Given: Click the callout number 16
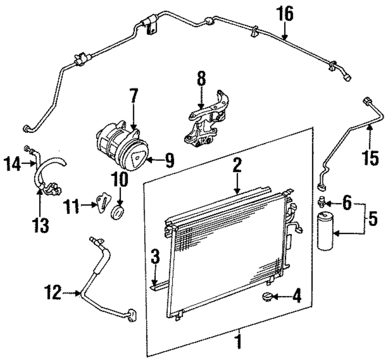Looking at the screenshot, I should pyautogui.click(x=285, y=14).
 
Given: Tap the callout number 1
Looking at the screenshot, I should pyautogui.click(x=239, y=342).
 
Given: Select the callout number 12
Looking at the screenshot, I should pyautogui.click(x=53, y=293).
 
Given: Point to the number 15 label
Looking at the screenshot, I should pyautogui.click(x=371, y=158).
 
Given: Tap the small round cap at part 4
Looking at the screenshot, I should pyautogui.click(x=266, y=298).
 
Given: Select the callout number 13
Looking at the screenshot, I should pyautogui.click(x=41, y=225).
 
